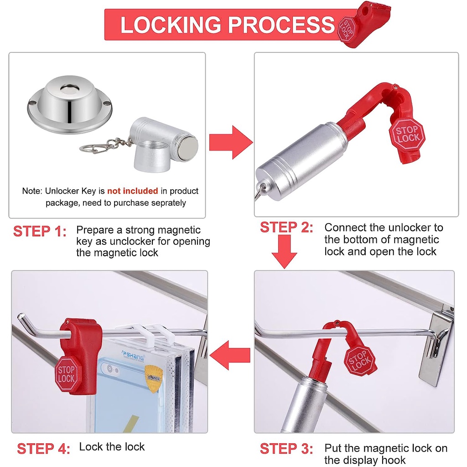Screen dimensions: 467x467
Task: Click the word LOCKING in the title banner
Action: click(171, 25)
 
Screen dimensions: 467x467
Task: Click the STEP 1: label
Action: click(40, 231)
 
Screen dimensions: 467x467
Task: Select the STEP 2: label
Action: click(286, 227)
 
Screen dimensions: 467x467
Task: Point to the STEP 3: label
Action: click(286, 448)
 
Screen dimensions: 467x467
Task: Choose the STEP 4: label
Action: click(43, 448)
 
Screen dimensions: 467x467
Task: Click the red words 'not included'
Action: click(133, 191)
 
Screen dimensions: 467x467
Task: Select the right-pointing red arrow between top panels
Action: click(231, 142)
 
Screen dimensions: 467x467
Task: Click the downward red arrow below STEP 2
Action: click(284, 252)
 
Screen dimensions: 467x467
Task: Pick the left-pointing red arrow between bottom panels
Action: click(230, 355)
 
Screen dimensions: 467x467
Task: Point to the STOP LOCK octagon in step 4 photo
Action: click(67, 374)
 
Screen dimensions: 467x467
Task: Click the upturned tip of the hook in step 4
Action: click(20, 316)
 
